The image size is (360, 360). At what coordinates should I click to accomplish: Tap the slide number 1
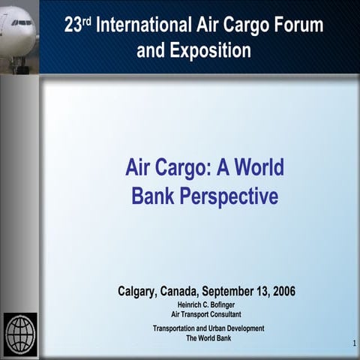click(x=352, y=343)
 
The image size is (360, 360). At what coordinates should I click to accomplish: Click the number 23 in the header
click(x=73, y=26)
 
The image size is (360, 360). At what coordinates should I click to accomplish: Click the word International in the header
click(x=141, y=26)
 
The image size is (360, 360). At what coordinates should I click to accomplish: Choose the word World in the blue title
click(x=257, y=167)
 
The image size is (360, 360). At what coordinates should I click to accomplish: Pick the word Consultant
click(x=221, y=314)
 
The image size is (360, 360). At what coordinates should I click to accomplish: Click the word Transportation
click(x=175, y=328)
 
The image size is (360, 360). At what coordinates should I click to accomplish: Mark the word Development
click(x=250, y=328)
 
